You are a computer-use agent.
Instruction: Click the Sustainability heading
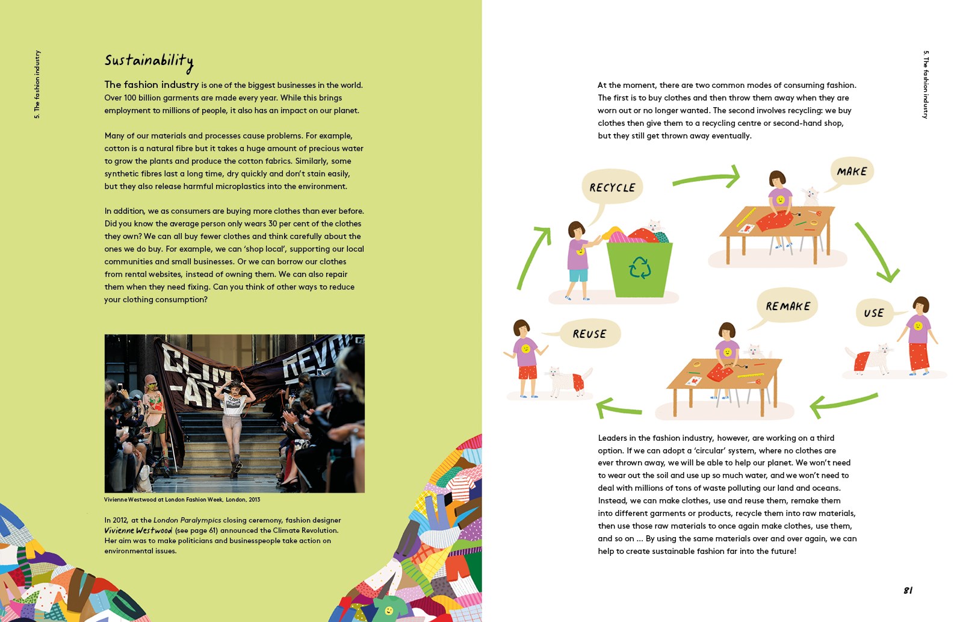[x=149, y=61]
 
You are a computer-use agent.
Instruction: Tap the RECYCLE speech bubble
[x=612, y=187]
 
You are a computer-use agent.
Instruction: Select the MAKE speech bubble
[x=852, y=172]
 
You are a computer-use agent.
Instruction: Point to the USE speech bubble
[x=874, y=313]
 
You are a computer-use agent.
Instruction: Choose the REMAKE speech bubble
[x=788, y=306]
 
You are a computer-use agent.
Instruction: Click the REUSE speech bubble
[x=589, y=334]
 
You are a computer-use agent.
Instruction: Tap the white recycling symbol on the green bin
[x=639, y=267]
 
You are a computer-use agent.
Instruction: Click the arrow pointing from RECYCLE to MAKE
[x=708, y=178]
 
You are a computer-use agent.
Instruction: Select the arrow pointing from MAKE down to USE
[x=876, y=253]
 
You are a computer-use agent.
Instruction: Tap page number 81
[x=908, y=591]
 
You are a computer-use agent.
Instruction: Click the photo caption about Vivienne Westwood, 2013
[x=182, y=500]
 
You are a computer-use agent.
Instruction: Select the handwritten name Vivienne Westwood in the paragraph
[x=138, y=530]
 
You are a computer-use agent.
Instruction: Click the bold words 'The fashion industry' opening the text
[x=151, y=85]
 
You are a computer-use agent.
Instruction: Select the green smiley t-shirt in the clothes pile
[x=389, y=609]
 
